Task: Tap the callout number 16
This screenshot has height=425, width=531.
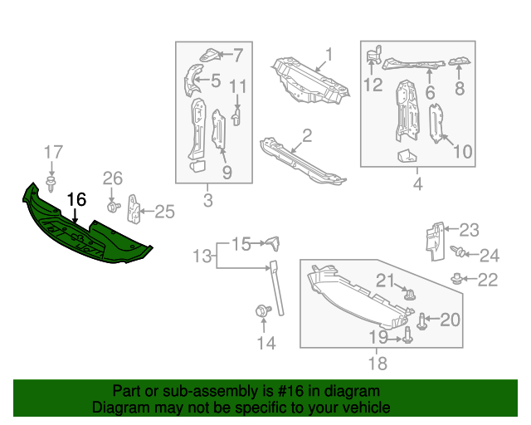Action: coord(76,199)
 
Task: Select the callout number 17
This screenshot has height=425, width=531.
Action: coord(53,152)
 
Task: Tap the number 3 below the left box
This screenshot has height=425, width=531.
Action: coord(207,200)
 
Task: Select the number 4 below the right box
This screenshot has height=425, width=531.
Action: coord(417,184)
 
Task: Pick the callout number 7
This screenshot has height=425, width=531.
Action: coord(238,56)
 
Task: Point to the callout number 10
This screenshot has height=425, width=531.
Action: coord(463,151)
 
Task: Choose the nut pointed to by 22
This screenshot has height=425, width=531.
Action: coord(459,279)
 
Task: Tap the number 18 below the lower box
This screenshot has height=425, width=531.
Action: coord(377,362)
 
